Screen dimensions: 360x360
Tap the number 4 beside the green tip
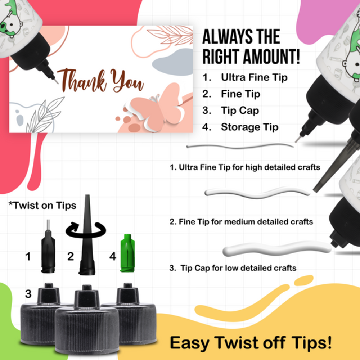(113, 257)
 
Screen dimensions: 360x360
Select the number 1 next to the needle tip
(28, 257)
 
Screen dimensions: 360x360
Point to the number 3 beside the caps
(28, 294)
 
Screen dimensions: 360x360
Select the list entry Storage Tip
(249, 127)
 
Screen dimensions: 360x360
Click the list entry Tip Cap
(239, 111)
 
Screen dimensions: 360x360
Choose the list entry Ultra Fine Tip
(254, 77)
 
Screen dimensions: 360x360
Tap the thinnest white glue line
(240, 146)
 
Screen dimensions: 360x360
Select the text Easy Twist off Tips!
(251, 343)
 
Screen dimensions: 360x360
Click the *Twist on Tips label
(42, 205)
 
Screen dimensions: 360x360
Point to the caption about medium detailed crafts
(241, 221)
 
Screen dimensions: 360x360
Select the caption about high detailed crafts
(245, 167)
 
